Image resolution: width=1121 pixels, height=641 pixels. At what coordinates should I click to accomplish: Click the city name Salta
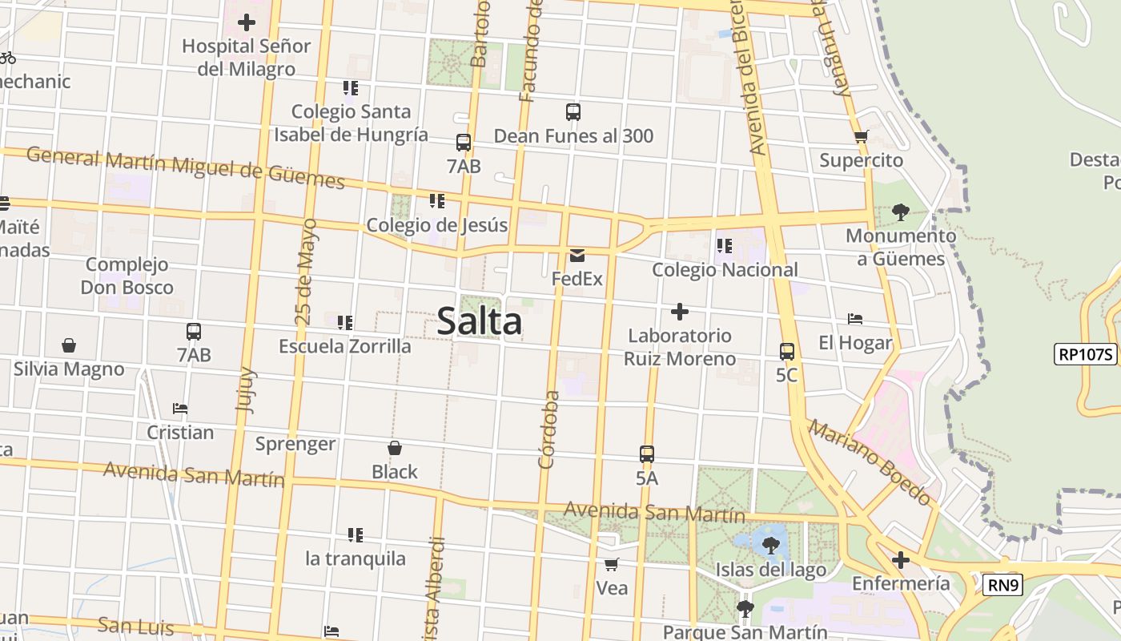(480, 322)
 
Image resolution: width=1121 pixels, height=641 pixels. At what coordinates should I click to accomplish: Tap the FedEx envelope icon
(577, 256)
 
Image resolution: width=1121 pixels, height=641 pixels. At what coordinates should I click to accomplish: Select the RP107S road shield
(1085, 354)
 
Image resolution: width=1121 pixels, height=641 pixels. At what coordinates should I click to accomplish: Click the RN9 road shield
(1003, 585)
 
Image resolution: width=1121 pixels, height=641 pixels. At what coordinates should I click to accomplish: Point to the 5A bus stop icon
(647, 454)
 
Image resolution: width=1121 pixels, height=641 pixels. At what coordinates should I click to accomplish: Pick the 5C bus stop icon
(786, 351)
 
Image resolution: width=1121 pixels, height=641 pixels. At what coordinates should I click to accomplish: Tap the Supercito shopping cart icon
(861, 136)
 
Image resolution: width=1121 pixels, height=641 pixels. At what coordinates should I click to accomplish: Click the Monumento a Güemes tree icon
(900, 212)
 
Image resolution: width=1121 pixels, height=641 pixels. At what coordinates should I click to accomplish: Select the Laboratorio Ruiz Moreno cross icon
(680, 311)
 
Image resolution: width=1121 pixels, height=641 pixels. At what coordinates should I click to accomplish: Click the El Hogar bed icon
(855, 319)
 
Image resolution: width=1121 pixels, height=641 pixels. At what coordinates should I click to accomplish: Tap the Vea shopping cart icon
(612, 564)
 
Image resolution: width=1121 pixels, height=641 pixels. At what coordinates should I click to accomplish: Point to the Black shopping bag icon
(394, 448)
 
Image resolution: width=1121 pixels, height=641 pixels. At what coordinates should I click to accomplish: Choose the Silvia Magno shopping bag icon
(69, 345)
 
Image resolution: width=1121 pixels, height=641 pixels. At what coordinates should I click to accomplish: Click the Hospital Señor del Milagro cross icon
(246, 22)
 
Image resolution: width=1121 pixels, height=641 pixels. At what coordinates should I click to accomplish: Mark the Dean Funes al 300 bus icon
(573, 112)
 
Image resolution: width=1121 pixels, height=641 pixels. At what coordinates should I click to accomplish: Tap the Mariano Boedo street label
(870, 462)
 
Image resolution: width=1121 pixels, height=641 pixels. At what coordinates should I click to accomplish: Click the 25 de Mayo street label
(306, 271)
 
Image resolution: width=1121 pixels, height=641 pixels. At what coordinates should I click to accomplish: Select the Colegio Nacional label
(725, 270)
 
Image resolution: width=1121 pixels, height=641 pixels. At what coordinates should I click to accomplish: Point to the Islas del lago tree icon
(770, 546)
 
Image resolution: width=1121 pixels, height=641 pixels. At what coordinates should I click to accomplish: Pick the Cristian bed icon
(180, 409)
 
